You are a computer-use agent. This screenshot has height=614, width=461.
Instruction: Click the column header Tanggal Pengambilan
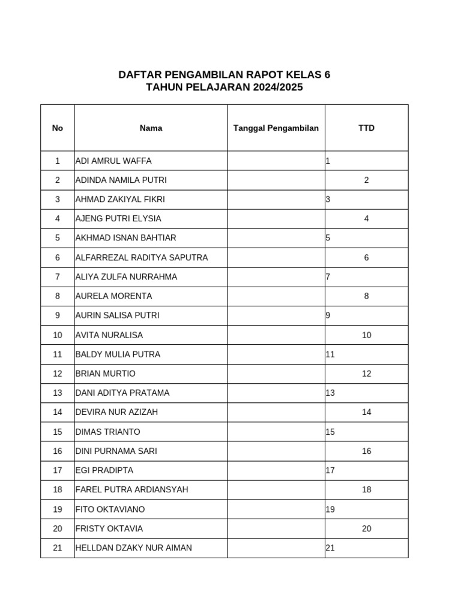tap(276, 128)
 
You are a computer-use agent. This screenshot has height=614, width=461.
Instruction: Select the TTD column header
tap(366, 128)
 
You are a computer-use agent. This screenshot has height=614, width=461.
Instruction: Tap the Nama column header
tap(151, 128)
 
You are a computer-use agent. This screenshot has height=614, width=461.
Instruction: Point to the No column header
tap(58, 128)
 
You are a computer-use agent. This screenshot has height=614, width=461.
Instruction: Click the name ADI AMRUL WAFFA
tap(113, 161)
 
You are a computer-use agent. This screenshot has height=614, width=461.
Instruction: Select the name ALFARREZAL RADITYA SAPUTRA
tap(142, 257)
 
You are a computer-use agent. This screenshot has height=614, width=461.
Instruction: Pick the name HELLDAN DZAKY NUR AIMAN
tap(134, 547)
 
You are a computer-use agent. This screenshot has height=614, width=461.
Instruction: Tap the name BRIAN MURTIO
tap(106, 374)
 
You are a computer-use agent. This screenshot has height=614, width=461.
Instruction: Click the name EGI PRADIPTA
tap(104, 470)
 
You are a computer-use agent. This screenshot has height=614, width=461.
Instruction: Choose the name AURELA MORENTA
tap(114, 296)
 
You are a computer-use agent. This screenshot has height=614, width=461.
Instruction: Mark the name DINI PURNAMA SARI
tap(116, 451)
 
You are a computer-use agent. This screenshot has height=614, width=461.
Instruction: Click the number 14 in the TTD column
tap(366, 412)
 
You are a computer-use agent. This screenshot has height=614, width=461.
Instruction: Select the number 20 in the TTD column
tap(366, 528)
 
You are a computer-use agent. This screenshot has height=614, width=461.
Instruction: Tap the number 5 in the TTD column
tap(328, 237)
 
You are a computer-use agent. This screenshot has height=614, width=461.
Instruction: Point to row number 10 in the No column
tap(58, 335)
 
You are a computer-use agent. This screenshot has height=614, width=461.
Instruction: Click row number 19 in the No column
tap(58, 509)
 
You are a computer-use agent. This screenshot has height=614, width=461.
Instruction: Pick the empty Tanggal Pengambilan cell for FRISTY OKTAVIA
tap(276, 528)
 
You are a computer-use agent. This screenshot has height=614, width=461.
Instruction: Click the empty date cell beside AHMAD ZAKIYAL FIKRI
tap(276, 199)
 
